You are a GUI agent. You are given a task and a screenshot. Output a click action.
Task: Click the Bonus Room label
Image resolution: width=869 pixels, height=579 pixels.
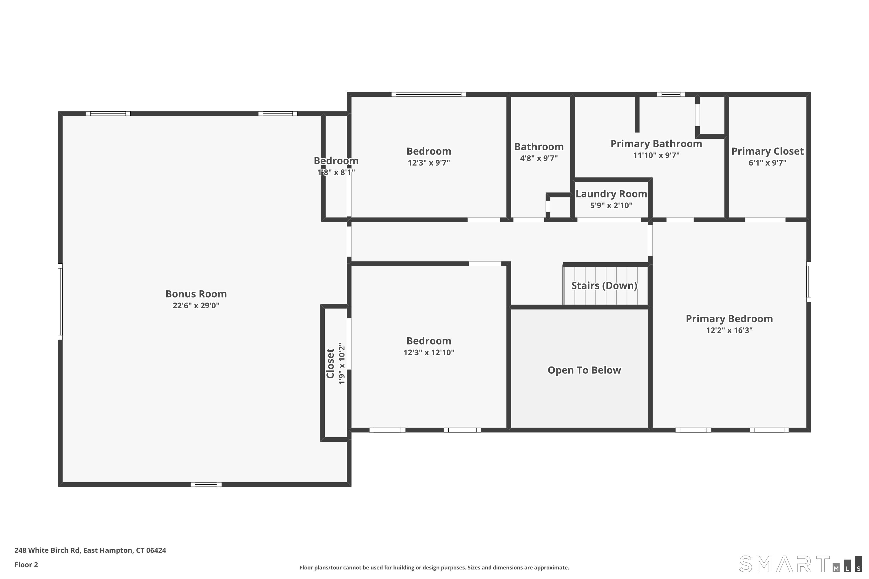(x=196, y=294)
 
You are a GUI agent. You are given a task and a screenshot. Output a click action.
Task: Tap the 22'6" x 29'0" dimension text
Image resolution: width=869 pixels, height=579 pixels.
(x=196, y=306)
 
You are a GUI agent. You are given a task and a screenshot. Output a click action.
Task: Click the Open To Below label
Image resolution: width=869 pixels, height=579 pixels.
(x=584, y=370)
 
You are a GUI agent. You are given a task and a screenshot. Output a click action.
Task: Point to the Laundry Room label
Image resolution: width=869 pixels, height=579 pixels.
(x=611, y=194)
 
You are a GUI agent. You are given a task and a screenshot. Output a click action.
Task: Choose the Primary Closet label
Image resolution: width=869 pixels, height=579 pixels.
(x=767, y=151)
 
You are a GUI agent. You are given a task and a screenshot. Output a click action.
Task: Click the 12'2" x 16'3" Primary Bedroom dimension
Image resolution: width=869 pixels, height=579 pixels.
(x=729, y=330)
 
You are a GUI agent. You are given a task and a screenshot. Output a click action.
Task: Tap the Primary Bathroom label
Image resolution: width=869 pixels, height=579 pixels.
(x=656, y=144)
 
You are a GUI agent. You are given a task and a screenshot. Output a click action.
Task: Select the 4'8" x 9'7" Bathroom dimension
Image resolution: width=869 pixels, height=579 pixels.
(x=539, y=158)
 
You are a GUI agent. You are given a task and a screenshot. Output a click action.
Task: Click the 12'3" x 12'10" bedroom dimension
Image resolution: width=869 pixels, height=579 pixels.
(x=429, y=352)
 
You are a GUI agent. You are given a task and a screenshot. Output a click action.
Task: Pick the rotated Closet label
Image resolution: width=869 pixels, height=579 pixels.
(x=330, y=363)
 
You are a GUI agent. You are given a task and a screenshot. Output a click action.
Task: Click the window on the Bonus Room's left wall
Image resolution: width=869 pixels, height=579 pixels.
(x=60, y=301)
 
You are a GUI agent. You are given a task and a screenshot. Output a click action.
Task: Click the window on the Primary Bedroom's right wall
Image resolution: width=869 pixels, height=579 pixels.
(x=808, y=282)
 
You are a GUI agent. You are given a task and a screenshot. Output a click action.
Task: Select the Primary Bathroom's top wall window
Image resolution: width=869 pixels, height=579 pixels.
(x=671, y=95)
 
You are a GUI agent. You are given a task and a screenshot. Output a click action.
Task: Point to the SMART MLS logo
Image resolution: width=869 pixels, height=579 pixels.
(x=800, y=564)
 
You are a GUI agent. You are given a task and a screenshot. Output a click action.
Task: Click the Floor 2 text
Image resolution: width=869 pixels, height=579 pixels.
(x=26, y=565)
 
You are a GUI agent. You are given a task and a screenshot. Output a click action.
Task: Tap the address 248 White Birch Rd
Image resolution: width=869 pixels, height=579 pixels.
(x=90, y=550)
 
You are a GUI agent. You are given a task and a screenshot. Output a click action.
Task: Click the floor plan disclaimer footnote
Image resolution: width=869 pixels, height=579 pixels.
(x=434, y=567)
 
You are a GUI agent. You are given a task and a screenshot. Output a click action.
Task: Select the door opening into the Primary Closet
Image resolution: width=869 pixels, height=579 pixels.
(x=765, y=220)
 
